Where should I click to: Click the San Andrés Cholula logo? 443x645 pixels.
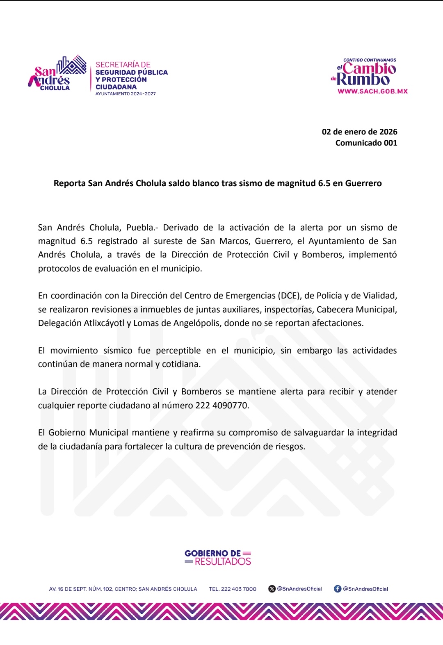tap(57, 74)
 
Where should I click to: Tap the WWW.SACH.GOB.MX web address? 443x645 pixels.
tap(372, 91)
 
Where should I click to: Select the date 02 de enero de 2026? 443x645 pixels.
tap(359, 132)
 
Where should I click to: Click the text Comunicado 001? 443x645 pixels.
tap(366, 143)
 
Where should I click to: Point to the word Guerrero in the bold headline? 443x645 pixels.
tap(363, 183)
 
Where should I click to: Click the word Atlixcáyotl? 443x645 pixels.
tap(104, 323)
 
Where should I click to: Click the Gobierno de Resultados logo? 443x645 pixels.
tap(218, 558)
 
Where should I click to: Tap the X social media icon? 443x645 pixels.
tap(272, 589)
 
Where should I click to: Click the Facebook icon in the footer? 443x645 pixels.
tap(338, 589)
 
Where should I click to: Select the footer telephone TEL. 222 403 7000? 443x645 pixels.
tap(233, 589)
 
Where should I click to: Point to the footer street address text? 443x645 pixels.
tap(123, 589)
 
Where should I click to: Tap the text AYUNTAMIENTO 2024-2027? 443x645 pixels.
tap(126, 94)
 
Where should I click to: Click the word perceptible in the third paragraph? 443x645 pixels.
tap(178, 351)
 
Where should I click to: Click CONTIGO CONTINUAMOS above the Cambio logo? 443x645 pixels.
tap(370, 60)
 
